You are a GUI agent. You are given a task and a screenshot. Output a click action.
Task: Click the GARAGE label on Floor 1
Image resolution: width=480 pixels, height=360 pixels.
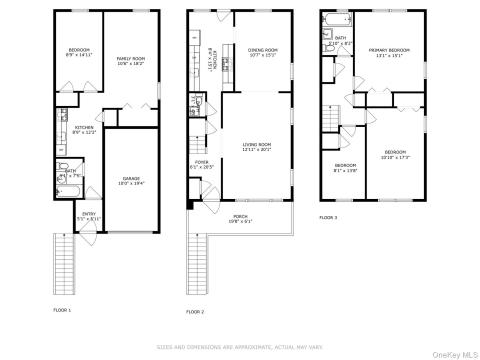pos(131,178)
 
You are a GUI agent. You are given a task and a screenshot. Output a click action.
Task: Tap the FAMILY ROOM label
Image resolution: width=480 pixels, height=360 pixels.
pos(131,59)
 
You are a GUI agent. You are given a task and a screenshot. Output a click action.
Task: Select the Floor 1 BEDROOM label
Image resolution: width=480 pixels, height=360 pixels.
pos(79,50)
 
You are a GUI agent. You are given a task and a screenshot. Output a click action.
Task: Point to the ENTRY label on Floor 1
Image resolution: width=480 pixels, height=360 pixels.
pos(88,214)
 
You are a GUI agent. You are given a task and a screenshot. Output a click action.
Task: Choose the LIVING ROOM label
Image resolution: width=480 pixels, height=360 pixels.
pos(257,145)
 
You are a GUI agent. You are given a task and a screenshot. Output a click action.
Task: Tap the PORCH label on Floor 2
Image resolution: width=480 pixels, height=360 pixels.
pos(240,216)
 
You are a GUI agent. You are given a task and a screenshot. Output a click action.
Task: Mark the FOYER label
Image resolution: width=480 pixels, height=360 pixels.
pos(201,162)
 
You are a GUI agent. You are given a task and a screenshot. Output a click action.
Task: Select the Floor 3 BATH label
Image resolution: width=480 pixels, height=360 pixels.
pos(340,38)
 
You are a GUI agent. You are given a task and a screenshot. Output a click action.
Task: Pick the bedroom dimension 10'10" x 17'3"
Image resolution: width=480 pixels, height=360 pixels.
pos(395,158)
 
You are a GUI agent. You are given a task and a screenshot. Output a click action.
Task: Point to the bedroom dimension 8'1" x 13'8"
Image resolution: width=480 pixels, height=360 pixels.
pos(345,170)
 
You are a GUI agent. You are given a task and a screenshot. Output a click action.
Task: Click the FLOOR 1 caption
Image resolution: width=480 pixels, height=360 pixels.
pos(63,309)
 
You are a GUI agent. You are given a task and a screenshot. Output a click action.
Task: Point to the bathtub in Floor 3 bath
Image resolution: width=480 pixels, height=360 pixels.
pos(330,21)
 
